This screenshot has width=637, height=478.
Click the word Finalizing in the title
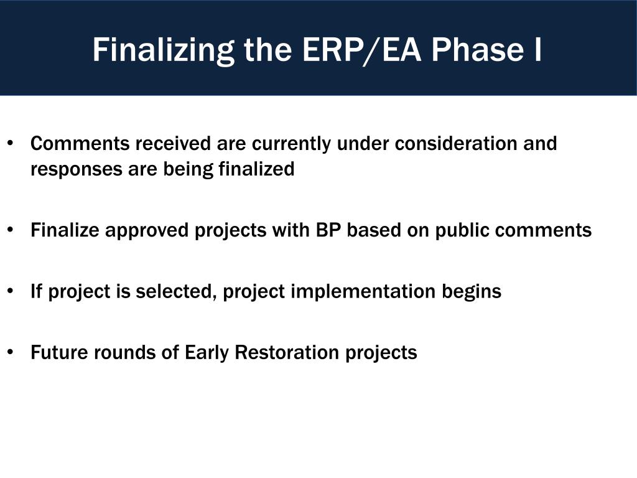tap(164, 50)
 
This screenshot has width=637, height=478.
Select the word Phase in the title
tap(477, 50)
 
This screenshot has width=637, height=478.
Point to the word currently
tap(291, 144)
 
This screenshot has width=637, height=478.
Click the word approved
tap(147, 230)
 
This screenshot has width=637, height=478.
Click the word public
tap(462, 230)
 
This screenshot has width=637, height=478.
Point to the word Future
tap(59, 352)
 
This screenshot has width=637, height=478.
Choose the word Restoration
tap(287, 352)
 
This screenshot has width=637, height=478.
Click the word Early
tap(207, 353)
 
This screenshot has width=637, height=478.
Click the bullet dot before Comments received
tap(11, 143)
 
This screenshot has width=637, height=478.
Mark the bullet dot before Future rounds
tap(11, 352)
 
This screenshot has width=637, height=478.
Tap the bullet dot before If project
tap(11, 291)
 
